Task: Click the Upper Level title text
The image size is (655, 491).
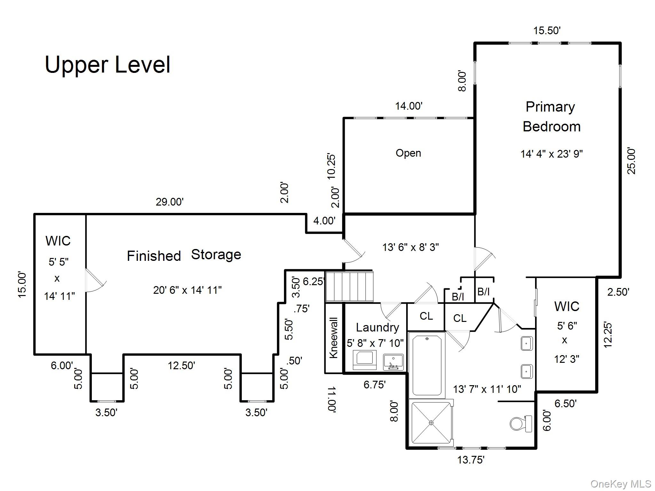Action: (x=107, y=65)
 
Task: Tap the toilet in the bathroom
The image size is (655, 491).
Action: (x=520, y=424)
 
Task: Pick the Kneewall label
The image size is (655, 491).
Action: (x=333, y=338)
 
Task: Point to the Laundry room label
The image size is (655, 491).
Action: (x=377, y=327)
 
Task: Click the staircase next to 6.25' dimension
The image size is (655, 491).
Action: (x=349, y=286)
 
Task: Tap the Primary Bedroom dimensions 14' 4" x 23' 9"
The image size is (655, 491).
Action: (x=551, y=154)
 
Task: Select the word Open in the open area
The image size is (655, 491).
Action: (x=408, y=153)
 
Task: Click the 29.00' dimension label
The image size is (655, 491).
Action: (x=170, y=202)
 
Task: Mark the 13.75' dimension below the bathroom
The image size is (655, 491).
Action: (x=470, y=460)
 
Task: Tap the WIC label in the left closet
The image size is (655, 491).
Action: (x=58, y=241)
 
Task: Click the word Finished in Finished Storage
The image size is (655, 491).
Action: (x=154, y=256)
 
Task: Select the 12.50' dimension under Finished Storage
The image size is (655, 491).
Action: (x=181, y=365)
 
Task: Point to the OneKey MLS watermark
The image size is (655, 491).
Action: (x=620, y=484)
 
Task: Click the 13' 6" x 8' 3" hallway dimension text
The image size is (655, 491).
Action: (x=410, y=247)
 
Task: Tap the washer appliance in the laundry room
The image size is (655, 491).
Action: (x=365, y=360)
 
